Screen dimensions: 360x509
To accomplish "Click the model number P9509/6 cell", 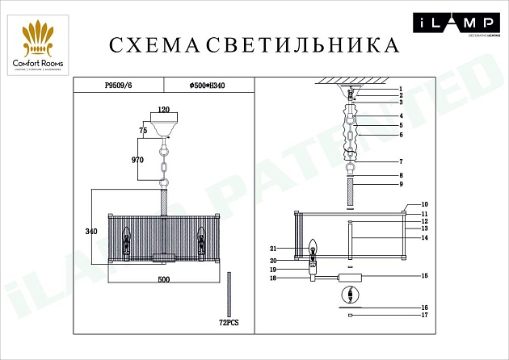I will pos(120,83).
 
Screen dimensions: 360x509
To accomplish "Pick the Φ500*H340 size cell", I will pos(206,83).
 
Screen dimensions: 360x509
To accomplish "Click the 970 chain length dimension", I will pos(137,161).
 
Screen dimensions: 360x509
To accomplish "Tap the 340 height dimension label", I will pos(91,232).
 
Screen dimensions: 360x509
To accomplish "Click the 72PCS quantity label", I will pos(229,321).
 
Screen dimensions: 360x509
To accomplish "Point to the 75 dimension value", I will pos(143,129).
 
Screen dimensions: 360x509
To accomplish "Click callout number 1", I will pos(399,88).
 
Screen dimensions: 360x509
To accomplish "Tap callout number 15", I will pos(423,276).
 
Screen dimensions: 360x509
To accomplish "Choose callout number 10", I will pos(423,205).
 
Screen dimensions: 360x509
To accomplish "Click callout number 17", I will pos(423,316).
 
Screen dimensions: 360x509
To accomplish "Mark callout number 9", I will pos(399,186).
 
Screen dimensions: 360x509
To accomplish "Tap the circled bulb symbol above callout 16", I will pos(351,296).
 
